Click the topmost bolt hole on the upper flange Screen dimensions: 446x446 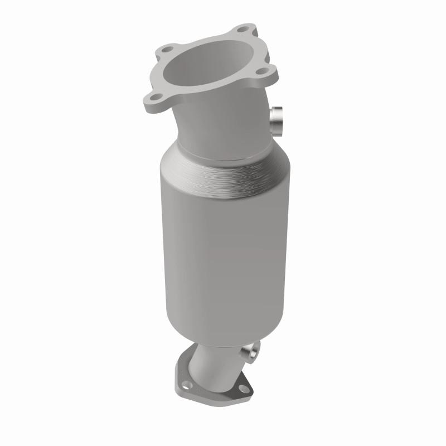click(241, 30)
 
